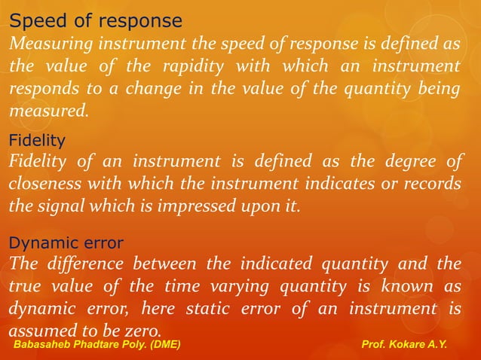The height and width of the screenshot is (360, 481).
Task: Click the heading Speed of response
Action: click(95, 20)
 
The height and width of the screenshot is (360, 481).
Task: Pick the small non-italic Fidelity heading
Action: click(36, 140)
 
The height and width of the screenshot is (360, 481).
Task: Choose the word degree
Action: click(406, 161)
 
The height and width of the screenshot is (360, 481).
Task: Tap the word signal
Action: click(57, 206)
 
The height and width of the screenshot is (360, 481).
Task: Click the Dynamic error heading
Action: click(66, 243)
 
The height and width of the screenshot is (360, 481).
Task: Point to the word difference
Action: click(82, 264)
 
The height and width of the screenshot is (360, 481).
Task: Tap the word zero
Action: click(144, 331)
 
